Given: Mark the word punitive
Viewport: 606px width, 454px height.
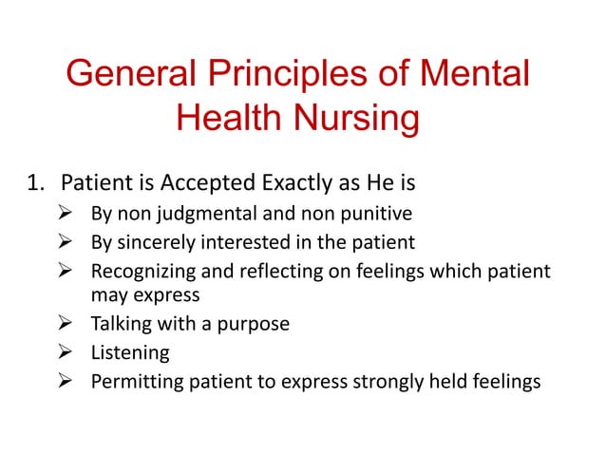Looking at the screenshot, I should (378, 213).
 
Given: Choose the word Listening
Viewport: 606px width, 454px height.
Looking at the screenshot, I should (130, 353).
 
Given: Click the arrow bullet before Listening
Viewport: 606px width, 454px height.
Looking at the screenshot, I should (66, 353).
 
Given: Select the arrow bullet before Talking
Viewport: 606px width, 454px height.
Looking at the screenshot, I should (66, 324).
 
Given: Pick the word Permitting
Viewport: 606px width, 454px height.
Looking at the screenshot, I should (136, 383).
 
